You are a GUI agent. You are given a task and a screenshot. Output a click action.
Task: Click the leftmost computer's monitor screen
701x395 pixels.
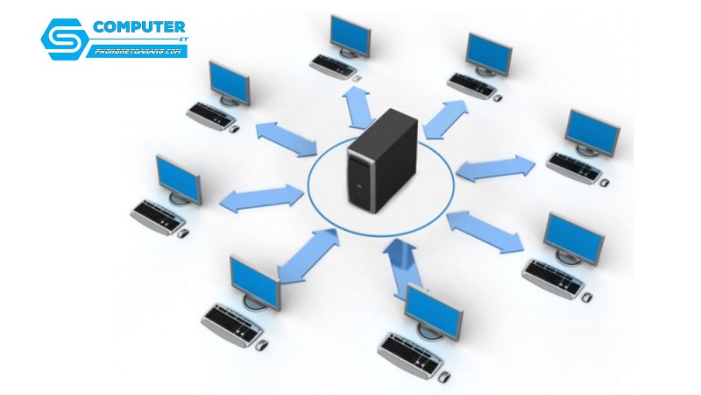point(179,179)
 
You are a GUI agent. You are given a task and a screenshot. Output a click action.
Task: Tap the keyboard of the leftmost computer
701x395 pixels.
point(157,215)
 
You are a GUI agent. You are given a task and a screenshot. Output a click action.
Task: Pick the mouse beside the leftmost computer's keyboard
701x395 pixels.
point(182,233)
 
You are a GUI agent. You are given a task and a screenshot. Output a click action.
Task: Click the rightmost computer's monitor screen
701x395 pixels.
point(593,132)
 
